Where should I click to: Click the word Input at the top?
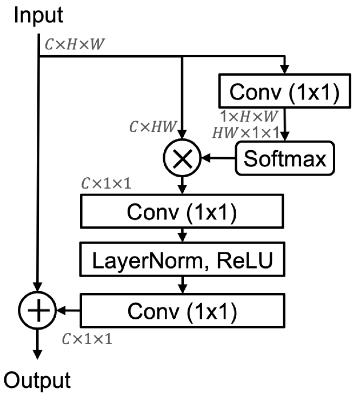pyautogui.click(x=39, y=15)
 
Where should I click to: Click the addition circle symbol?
pyautogui.click(x=37, y=310)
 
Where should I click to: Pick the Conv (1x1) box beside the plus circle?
pyautogui.click(x=183, y=310)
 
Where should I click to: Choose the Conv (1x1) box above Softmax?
pyautogui.click(x=285, y=92)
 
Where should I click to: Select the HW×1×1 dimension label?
pyautogui.click(x=246, y=131)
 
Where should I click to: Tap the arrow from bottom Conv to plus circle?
pyautogui.click(x=67, y=310)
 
